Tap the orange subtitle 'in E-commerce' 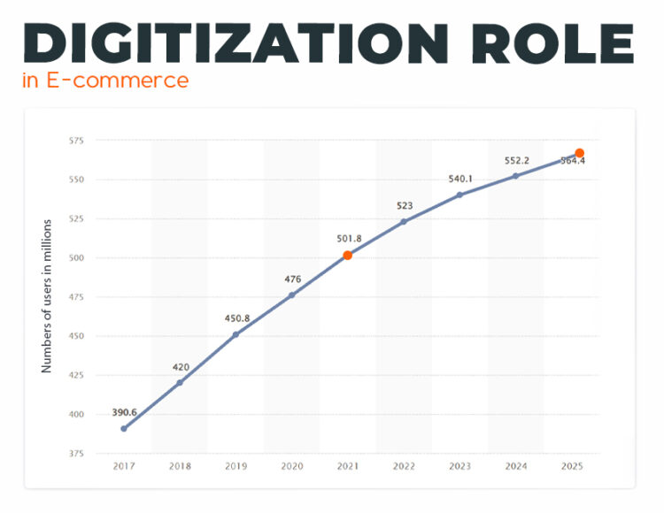pos(105,80)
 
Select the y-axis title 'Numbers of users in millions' pos(47,295)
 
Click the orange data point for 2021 pos(348,255)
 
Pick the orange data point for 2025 pos(580,153)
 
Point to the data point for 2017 pos(124,428)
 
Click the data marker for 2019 pos(235,334)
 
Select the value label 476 pos(292,279)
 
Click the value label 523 pos(404,206)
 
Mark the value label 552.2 pos(516,160)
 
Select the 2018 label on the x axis pos(180,465)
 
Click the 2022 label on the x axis pos(404,465)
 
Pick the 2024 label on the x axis pos(515,465)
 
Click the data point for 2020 pos(291,295)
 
